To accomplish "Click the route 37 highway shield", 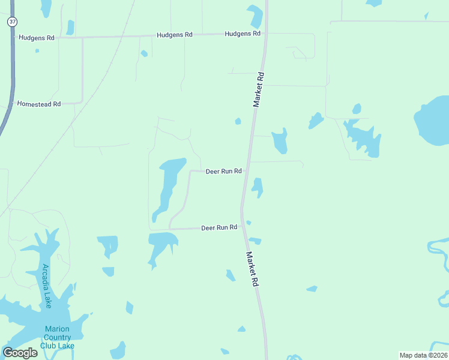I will [x=12, y=22].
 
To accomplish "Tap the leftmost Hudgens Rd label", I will [x=37, y=38].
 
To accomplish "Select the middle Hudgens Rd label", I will [x=174, y=35].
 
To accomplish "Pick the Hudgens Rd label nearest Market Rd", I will [x=243, y=34].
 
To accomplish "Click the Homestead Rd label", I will [x=39, y=104].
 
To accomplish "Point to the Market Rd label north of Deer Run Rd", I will [x=259, y=90].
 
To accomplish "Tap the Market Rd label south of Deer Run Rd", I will [x=252, y=268].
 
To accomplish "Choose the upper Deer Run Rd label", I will [x=223, y=171].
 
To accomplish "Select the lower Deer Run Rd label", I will [x=218, y=228].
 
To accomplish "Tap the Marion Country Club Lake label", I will [x=57, y=337].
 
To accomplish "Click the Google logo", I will [x=20, y=353].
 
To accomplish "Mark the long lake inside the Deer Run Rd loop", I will [x=168, y=186].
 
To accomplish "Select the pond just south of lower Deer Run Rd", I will [x=161, y=245].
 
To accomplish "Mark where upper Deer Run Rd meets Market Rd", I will [x=246, y=171].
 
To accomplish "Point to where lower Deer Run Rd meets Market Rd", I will [x=241, y=227].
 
